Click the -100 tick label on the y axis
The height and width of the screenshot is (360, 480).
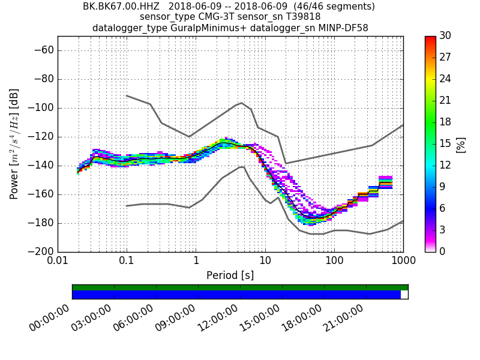pyautogui.click(x=41, y=108)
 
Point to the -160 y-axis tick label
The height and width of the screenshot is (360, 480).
pyautogui.click(x=41, y=194)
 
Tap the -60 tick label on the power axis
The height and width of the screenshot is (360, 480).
pyautogui.click(x=44, y=50)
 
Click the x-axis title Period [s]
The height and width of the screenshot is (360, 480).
pyautogui.click(x=230, y=275)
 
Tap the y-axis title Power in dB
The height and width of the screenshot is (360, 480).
pyautogui.click(x=14, y=144)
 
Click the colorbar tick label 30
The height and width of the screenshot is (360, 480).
pyautogui.click(x=445, y=36)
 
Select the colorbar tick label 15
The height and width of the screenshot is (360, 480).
pyautogui.click(x=445, y=144)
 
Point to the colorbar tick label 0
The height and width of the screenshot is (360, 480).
pyautogui.click(x=442, y=251)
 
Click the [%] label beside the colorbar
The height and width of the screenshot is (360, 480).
pyautogui.click(x=461, y=144)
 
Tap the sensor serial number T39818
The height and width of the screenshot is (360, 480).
pyautogui.click(x=300, y=17)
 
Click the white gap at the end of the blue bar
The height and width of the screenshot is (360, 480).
pyautogui.click(x=404, y=295)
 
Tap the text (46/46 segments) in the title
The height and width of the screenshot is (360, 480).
pyautogui.click(x=324, y=7)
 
